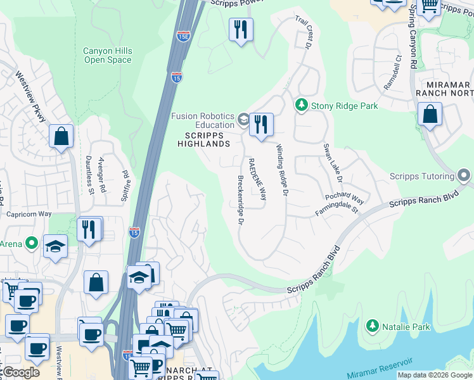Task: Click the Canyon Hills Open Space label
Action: tap(107, 56)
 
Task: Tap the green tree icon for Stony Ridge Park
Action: tap(302, 105)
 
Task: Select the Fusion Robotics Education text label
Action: tap(203, 121)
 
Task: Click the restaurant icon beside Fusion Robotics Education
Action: tap(260, 124)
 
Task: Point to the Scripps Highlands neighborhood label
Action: tap(207, 139)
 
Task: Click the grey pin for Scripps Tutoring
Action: tap(464, 175)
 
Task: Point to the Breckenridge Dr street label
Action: tap(241, 199)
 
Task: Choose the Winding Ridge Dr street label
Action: tap(281, 169)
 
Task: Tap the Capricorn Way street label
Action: tap(29, 214)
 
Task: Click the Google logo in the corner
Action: tap(21, 372)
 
